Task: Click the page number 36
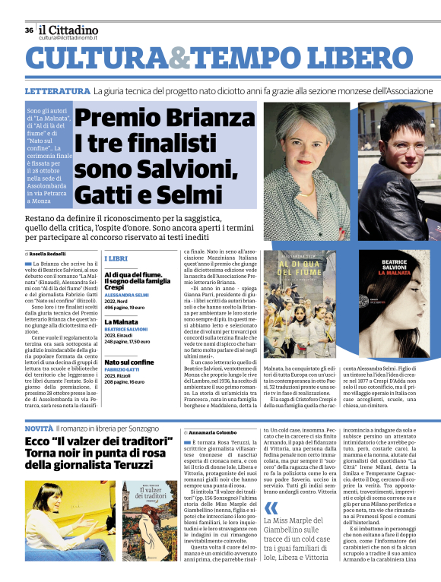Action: click(x=28, y=30)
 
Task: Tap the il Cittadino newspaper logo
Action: click(x=69, y=30)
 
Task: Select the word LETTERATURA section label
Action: click(x=57, y=91)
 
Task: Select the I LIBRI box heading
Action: click(x=116, y=259)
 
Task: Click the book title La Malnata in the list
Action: click(x=121, y=321)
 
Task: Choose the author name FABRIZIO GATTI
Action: click(x=122, y=370)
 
